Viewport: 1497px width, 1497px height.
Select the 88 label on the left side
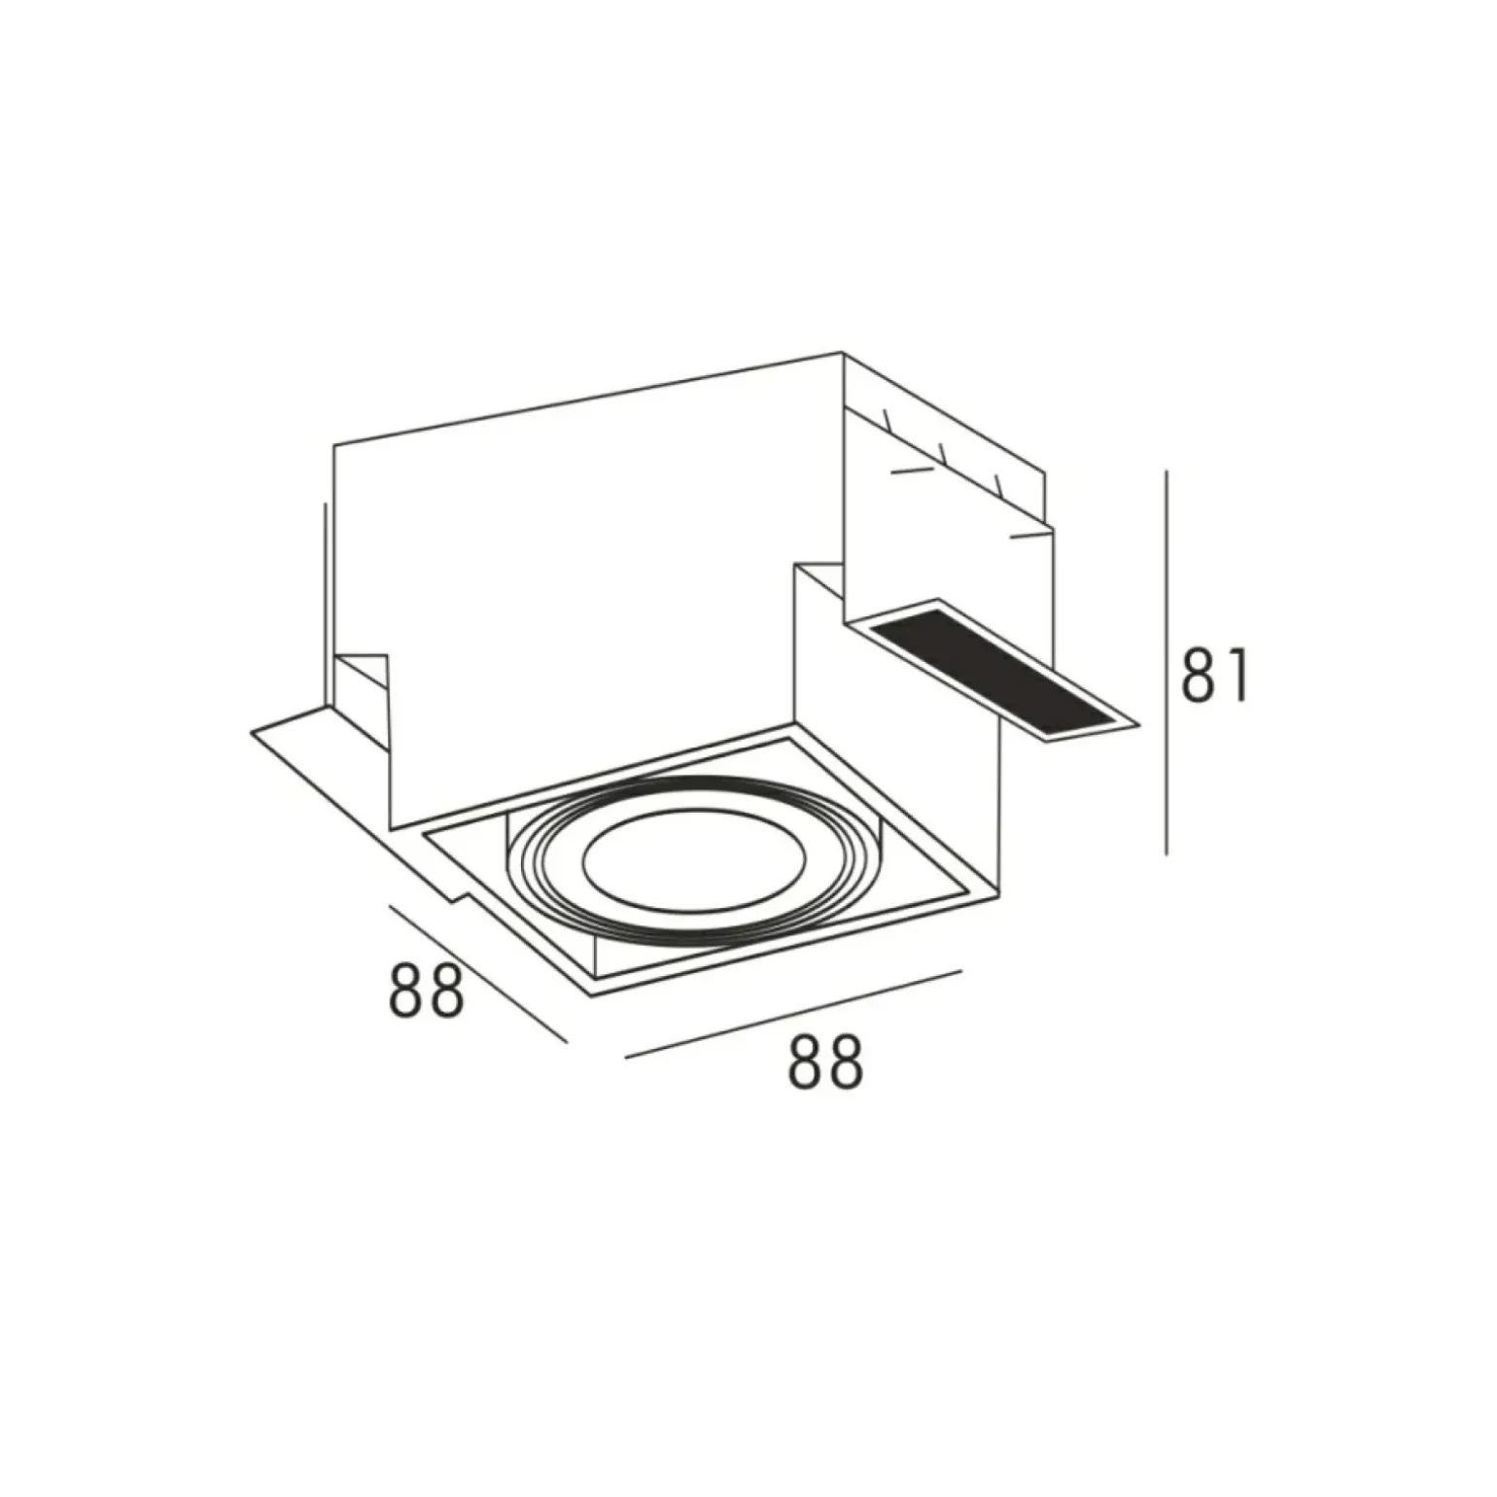pyautogui.click(x=426, y=990)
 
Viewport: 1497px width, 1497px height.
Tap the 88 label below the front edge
pyautogui.click(x=824, y=1062)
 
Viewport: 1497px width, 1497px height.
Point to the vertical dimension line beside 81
pyautogui.click(x=1166, y=661)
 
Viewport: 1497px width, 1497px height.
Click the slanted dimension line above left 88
pyautogui.click(x=476, y=973)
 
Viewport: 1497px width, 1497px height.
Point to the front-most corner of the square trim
pyautogui.click(x=589, y=993)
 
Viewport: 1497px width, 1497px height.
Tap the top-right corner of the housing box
pyautogui.click(x=842, y=352)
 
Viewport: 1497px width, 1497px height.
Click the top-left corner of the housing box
pyautogui.click(x=334, y=446)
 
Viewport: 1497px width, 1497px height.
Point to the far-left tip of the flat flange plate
pyautogui.click(x=252, y=731)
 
